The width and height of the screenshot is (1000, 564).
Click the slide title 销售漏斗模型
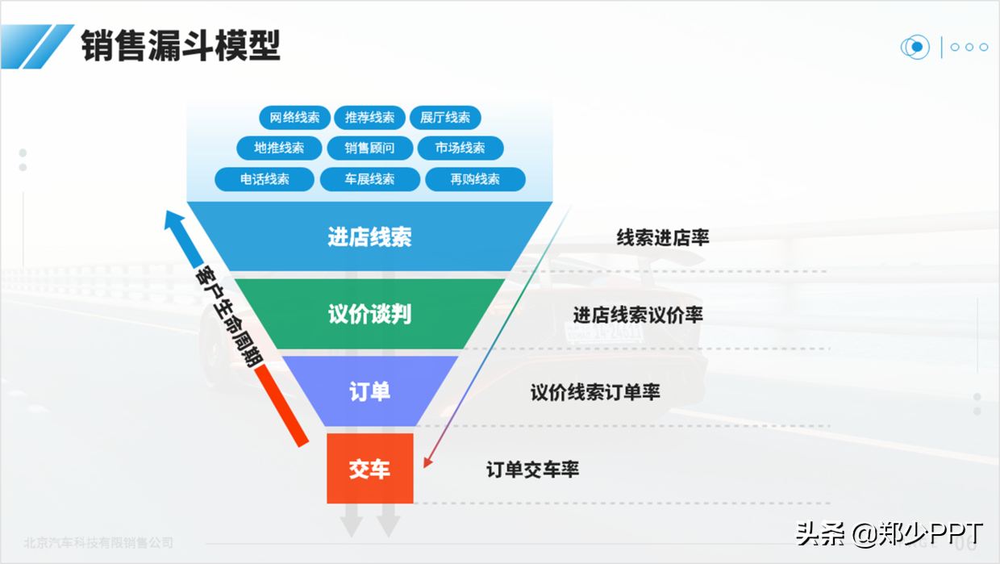pos(181,45)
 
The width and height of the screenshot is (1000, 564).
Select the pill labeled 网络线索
pos(294,118)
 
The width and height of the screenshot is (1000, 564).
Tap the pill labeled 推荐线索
pos(369,118)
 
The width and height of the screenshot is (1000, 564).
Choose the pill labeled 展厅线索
pos(445,118)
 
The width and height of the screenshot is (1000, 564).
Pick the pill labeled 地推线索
pos(279,148)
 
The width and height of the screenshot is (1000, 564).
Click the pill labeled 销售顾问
pos(369,148)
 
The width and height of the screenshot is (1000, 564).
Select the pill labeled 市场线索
pos(460,148)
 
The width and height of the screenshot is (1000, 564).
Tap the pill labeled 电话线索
pos(265,179)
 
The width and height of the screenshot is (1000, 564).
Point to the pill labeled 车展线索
pos(369,179)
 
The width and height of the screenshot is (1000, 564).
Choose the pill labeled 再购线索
pos(475,179)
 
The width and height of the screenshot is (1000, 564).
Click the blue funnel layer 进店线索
pos(369,236)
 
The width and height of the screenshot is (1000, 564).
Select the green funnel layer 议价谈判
pos(369,314)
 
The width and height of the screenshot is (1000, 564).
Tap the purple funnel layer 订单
pos(369,391)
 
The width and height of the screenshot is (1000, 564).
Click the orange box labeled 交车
pos(369,469)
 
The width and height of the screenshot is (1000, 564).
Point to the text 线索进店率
pos(662,237)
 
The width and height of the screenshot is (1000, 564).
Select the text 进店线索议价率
pos(637,315)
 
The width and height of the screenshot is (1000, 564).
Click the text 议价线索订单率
pos(595,392)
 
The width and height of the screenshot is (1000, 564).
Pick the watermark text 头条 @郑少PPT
pos(889,533)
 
